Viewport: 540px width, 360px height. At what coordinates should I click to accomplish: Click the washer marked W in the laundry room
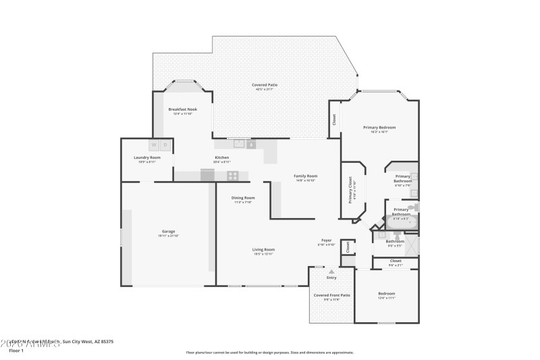click(x=153, y=145)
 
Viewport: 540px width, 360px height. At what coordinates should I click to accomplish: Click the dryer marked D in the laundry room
click(x=165, y=145)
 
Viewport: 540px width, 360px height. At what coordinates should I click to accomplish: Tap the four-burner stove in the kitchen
click(x=232, y=176)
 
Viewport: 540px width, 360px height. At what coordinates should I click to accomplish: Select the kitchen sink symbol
click(x=239, y=143)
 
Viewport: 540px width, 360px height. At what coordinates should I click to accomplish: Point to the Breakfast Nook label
click(x=182, y=109)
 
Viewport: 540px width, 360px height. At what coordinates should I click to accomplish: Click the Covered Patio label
click(x=265, y=85)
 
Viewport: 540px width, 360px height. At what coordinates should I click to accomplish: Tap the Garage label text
click(x=167, y=232)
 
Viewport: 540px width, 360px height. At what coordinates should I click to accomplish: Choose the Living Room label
click(x=263, y=250)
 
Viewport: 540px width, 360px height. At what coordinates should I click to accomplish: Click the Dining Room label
click(x=243, y=198)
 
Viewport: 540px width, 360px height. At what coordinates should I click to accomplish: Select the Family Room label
click(x=305, y=176)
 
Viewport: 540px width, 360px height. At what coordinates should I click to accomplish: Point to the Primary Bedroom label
click(x=379, y=128)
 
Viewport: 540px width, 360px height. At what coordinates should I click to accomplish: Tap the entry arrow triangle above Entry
click(x=331, y=272)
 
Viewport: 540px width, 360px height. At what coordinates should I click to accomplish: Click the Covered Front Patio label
click(x=331, y=295)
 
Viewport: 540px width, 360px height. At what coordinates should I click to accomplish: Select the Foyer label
click(x=326, y=240)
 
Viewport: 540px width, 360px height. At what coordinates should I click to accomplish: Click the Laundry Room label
click(x=146, y=158)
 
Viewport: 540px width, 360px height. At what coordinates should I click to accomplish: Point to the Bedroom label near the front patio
click(x=386, y=293)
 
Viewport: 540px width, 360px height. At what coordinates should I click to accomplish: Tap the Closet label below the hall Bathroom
click(x=396, y=261)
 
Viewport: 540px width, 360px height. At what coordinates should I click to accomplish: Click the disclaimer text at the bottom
click(x=269, y=352)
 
